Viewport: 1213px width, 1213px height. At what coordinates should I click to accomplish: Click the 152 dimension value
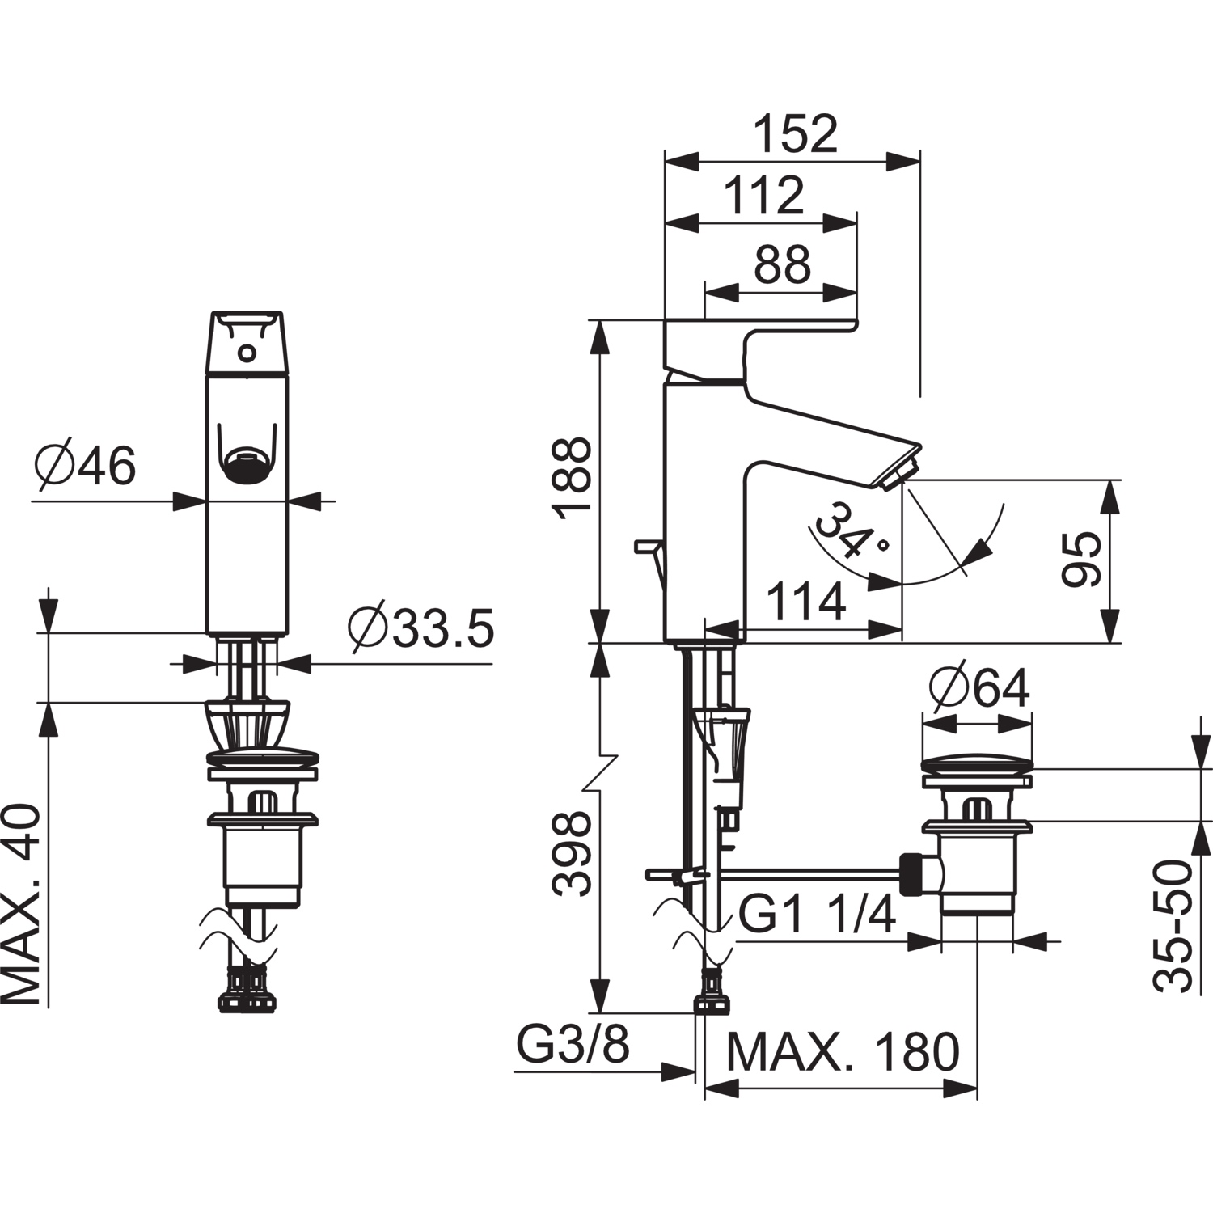click(796, 133)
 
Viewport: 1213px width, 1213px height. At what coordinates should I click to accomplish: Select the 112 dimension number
click(763, 196)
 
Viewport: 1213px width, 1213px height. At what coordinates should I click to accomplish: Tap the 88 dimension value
click(781, 264)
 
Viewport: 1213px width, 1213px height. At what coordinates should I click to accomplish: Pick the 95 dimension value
click(1082, 560)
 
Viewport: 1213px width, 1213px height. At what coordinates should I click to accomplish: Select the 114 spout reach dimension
click(805, 602)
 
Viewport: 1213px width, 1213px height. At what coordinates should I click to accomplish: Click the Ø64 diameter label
click(979, 689)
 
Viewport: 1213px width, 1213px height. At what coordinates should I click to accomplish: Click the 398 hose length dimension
click(572, 855)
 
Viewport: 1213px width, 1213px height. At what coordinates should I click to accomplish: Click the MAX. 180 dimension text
click(843, 1051)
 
